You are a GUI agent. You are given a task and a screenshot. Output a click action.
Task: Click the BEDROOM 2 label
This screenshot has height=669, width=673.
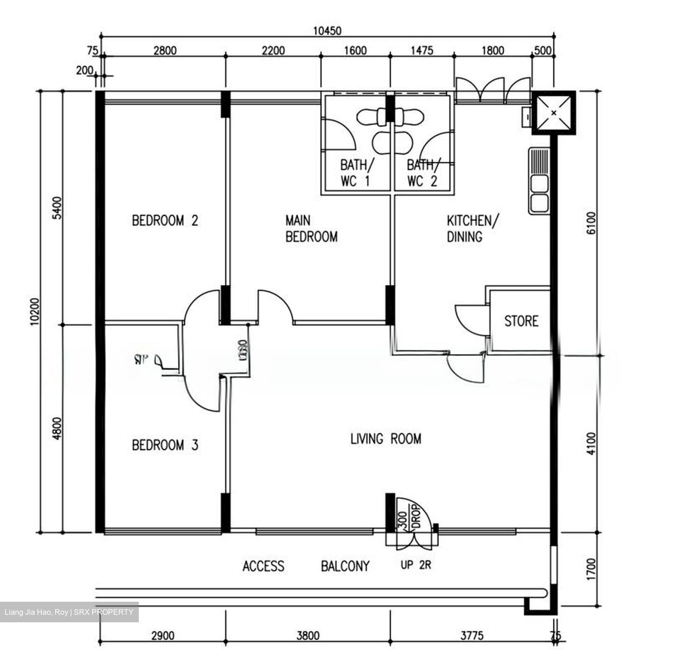[165, 220]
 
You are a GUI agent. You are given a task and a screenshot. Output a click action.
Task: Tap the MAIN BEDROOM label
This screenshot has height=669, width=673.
[311, 228]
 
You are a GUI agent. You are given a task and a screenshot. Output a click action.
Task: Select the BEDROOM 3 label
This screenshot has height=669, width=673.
[165, 445]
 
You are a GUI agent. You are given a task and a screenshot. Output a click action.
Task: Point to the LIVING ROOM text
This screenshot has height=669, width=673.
[386, 439]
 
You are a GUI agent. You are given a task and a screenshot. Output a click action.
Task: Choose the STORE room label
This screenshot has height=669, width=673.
[521, 321]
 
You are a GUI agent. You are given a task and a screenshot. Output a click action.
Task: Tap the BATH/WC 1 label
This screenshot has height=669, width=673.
[357, 173]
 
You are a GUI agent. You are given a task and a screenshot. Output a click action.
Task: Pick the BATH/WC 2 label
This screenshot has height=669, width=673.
[423, 173]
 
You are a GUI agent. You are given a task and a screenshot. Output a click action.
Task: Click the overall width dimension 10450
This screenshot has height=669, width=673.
[327, 31]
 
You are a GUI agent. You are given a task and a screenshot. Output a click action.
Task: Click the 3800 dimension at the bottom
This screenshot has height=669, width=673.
[308, 635]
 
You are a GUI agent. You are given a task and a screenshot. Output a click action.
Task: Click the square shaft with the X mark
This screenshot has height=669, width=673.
[553, 113]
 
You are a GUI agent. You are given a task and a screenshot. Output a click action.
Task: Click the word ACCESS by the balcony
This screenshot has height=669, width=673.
[263, 566]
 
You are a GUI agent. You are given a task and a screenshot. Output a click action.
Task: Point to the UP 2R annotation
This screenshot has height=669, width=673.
[415, 565]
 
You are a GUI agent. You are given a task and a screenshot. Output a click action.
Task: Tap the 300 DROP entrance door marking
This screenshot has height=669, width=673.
[409, 516]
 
